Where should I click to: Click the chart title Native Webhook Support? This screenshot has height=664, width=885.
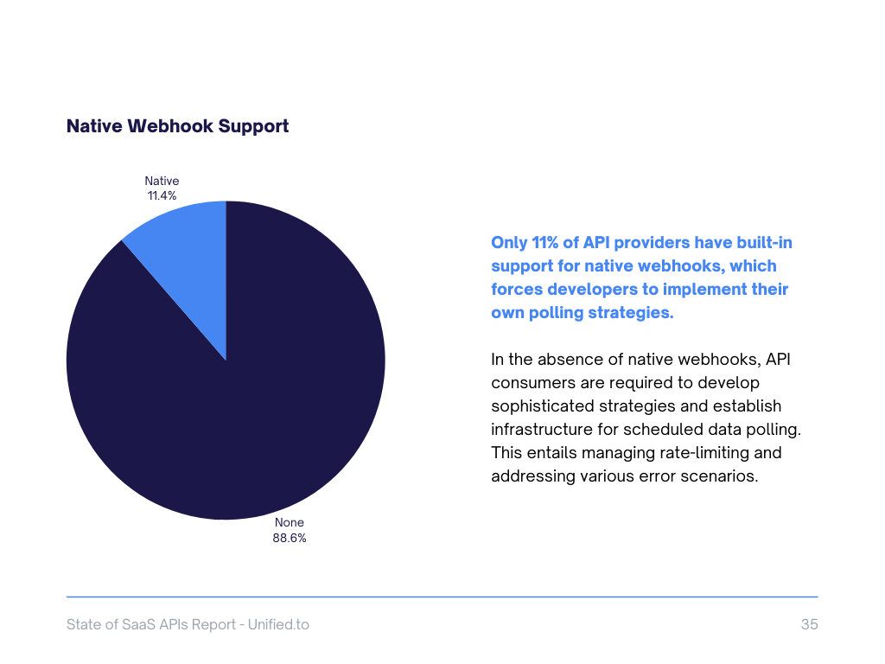[177, 126]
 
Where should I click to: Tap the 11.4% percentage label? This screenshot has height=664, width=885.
[162, 195]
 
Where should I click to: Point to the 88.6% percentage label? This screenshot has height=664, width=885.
[290, 537]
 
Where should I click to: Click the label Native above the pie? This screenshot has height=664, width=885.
[162, 181]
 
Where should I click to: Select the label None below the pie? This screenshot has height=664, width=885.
[290, 522]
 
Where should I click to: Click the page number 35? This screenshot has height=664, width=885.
[809, 624]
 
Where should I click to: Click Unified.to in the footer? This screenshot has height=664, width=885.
[278, 624]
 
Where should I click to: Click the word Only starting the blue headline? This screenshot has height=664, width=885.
[510, 243]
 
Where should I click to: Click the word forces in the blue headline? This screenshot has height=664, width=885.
[517, 290]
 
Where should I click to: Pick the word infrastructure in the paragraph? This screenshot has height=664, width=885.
[539, 429]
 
